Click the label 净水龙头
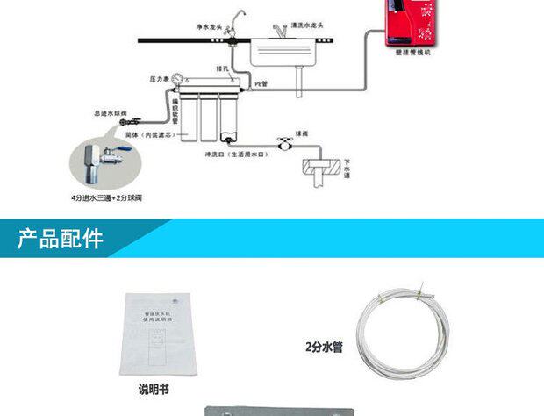coord(211,27)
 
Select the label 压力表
coord(160,78)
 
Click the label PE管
coord(261,84)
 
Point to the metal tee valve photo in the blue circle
coord(103,161)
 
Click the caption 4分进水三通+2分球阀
coord(106,198)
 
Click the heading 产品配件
coord(60,240)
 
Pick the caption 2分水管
coord(324,346)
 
